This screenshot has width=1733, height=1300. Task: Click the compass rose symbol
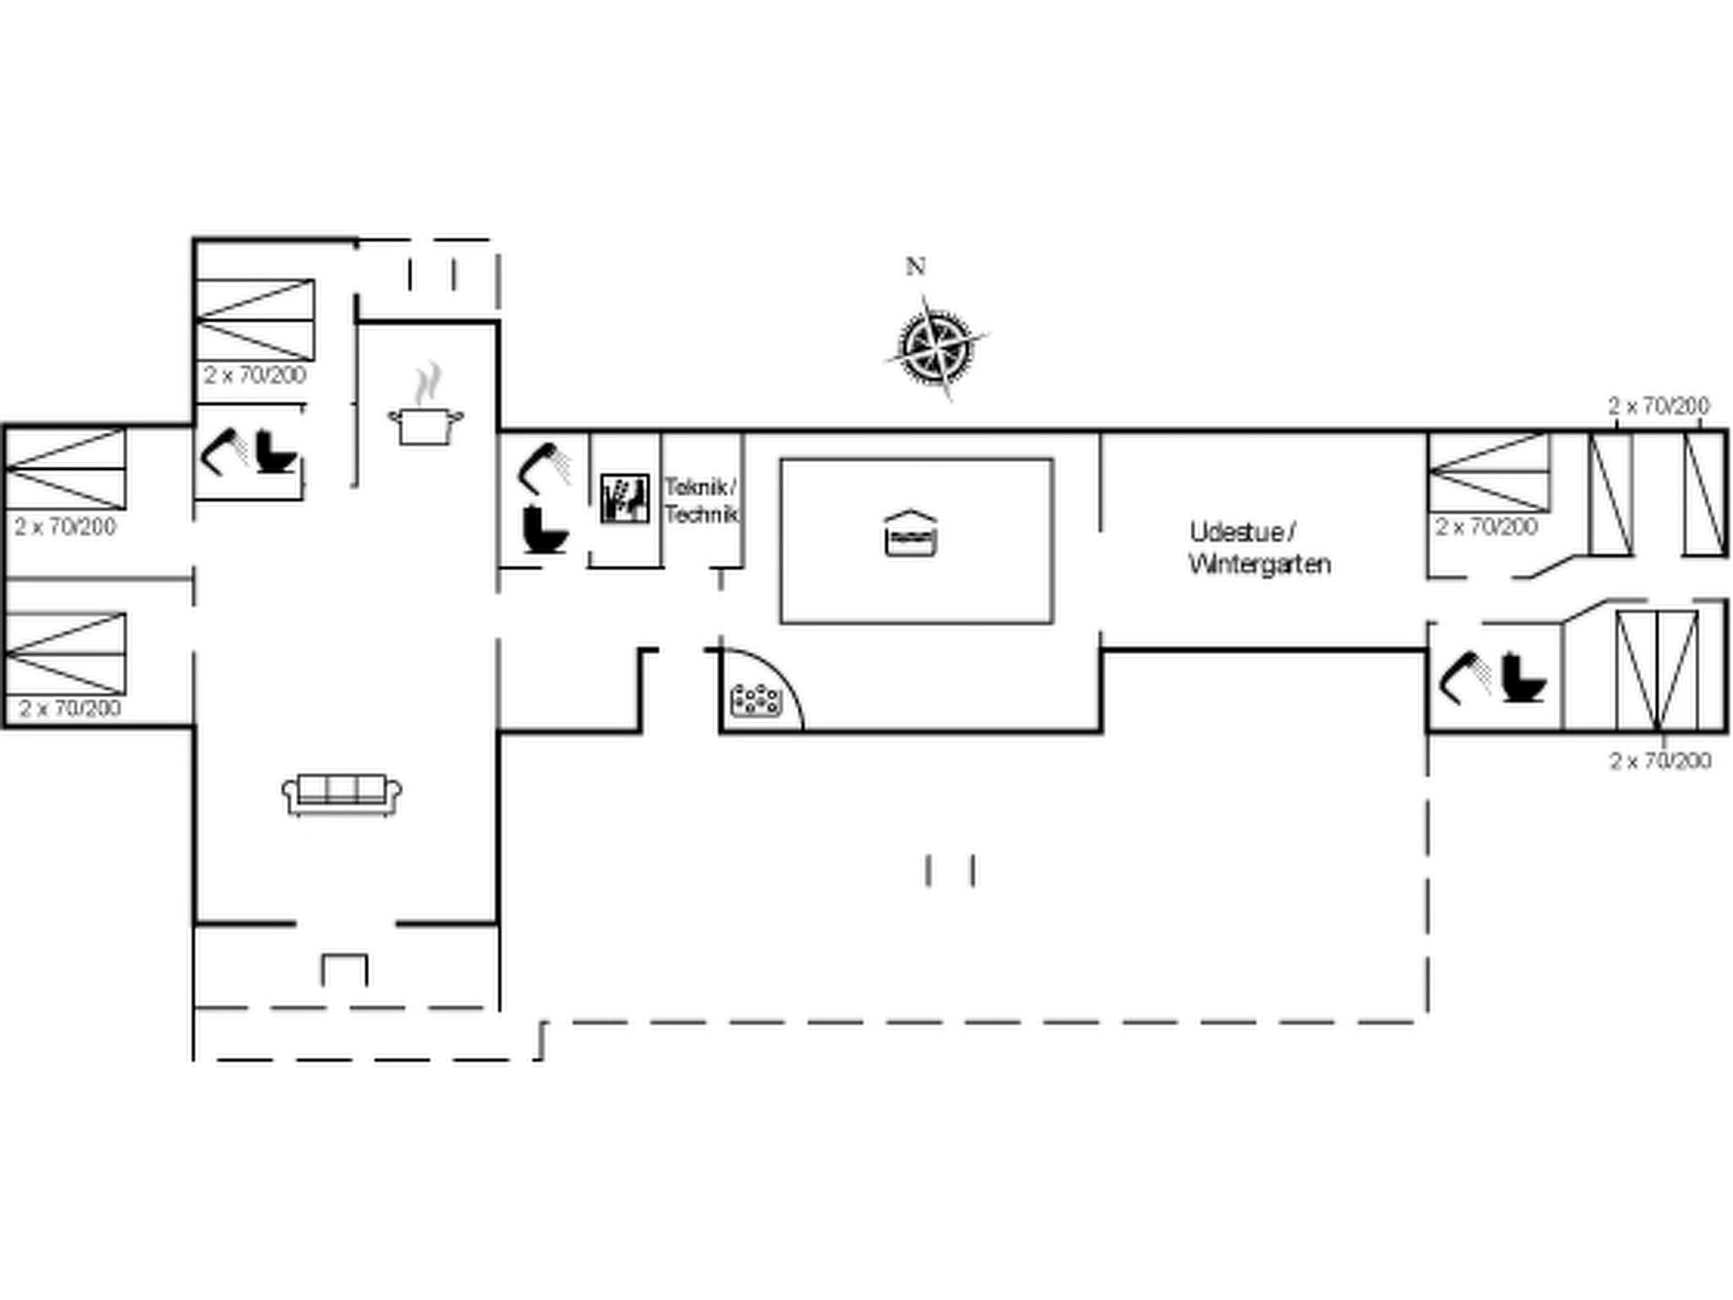pos(934,347)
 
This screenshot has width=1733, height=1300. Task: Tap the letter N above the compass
pos(915,267)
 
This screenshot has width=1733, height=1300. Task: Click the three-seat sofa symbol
pos(342,794)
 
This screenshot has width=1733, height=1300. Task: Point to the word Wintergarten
pos(1259,564)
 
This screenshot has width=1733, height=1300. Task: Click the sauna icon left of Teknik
pos(624,498)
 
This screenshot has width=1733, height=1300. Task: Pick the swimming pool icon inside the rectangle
pos(911,533)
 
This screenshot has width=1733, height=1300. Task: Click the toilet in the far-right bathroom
pos(1523,678)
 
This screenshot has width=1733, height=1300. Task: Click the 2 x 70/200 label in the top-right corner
pos(1659,406)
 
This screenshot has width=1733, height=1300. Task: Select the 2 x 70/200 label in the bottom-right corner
pos(1660,761)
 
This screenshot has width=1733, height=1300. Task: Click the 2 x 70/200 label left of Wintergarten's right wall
pos(1486,527)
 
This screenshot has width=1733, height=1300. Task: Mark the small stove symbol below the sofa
pos(344,969)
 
